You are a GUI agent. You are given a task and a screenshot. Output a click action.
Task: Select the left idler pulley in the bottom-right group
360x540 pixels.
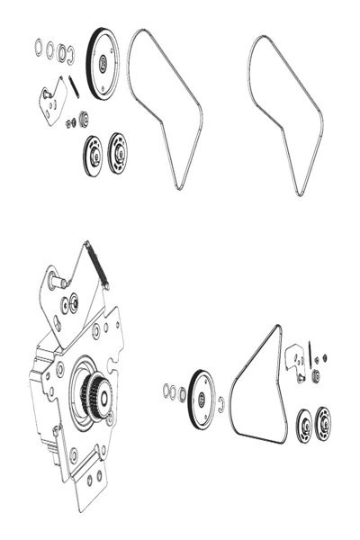pyautogui.click(x=302, y=425)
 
